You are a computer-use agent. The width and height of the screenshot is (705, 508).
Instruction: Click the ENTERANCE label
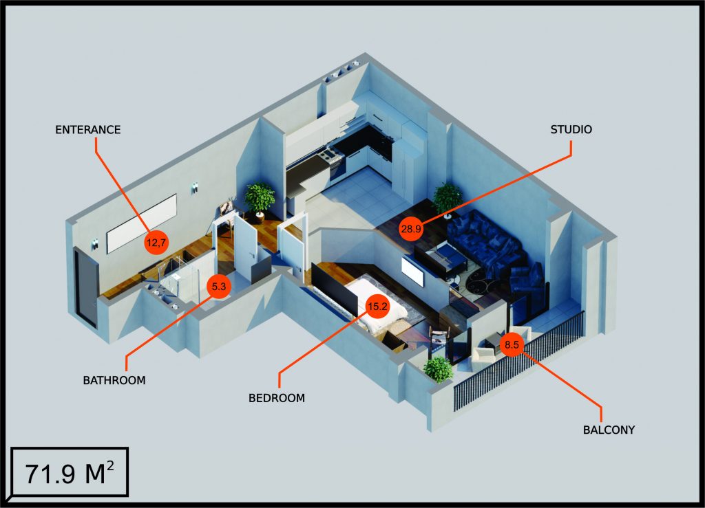coord(87,129)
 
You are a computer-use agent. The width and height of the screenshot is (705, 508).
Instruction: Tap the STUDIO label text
coord(571,129)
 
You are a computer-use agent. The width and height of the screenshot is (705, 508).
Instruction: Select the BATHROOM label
coord(114,379)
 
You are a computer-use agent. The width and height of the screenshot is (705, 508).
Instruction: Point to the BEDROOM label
coord(276,397)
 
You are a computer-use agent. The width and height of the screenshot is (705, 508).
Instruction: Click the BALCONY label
coord(609,430)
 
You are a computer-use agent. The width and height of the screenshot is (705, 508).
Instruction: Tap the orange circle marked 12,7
coord(156,242)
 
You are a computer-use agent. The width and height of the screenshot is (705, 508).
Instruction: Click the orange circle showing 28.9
coord(410,230)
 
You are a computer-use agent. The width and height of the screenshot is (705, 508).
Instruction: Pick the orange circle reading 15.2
coord(377,307)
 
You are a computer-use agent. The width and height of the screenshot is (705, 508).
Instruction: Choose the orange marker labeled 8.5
coord(512,345)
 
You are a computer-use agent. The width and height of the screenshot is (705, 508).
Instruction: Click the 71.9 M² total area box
coord(69,473)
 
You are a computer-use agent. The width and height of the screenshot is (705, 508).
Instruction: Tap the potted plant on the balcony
coord(438,369)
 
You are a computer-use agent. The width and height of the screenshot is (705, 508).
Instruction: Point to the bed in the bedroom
coord(375,302)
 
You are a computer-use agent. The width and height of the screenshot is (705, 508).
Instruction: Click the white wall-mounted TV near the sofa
coord(412,272)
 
